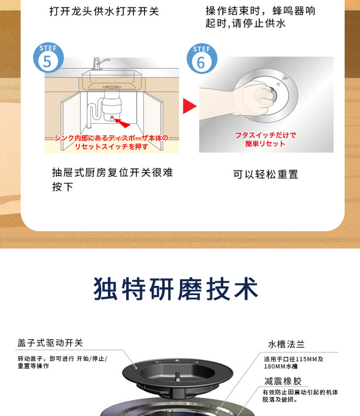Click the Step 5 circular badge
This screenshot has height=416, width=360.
point(48,58)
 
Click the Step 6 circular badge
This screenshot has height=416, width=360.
point(202,59)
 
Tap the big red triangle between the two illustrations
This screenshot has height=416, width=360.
point(189,106)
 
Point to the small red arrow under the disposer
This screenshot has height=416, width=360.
point(122,123)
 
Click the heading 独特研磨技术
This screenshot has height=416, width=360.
point(176,289)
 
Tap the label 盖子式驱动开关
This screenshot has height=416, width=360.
point(50,343)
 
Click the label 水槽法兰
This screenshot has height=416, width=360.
point(286,345)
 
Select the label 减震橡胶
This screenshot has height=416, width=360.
point(283,381)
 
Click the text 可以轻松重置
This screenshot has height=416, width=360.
point(266,174)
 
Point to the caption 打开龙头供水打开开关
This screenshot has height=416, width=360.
point(104,11)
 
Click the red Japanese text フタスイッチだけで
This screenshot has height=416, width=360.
point(265,135)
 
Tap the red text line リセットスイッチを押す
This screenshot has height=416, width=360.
point(111,146)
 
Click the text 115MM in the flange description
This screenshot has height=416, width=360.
point(304,359)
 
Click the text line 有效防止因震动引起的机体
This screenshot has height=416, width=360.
point(300,392)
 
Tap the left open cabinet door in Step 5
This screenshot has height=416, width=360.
point(71,121)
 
